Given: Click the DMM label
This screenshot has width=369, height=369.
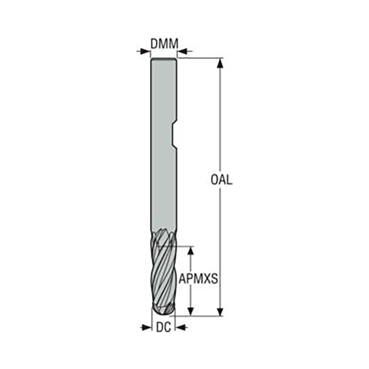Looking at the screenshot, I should [164, 44].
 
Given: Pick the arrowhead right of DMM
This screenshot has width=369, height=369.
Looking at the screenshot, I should [183, 51].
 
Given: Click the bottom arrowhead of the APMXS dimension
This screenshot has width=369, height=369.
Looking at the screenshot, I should [190, 311].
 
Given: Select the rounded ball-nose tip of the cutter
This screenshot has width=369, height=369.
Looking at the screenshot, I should [163, 310].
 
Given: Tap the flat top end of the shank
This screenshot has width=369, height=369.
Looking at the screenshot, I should [164, 59].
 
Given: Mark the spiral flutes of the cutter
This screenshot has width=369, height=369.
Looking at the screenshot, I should [164, 269].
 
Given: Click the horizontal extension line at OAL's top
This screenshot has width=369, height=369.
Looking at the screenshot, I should [199, 58].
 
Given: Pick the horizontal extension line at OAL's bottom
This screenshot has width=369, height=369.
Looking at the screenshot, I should [199, 316].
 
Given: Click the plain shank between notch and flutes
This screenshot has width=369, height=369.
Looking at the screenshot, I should [164, 188].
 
